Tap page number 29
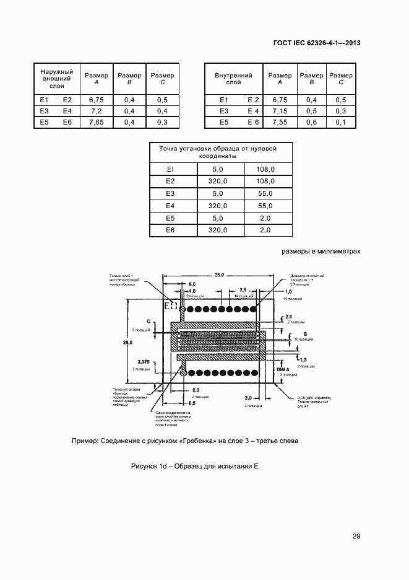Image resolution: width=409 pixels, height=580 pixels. (x=356, y=536)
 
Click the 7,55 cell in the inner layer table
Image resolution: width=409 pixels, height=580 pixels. (x=280, y=123)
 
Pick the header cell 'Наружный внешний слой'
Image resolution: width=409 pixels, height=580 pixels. (x=57, y=79)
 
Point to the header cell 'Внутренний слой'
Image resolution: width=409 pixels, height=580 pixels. (x=233, y=79)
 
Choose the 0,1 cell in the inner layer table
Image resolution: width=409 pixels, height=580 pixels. (x=341, y=123)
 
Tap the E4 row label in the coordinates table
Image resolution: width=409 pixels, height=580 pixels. (x=171, y=206)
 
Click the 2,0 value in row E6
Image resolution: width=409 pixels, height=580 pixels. (x=265, y=231)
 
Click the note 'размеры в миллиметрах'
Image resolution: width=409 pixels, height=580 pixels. (x=321, y=252)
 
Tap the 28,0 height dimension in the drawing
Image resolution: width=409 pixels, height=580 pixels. (x=128, y=343)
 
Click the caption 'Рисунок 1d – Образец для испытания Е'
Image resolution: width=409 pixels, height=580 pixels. (x=194, y=466)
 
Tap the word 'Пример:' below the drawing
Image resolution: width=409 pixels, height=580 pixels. (x=88, y=441)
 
